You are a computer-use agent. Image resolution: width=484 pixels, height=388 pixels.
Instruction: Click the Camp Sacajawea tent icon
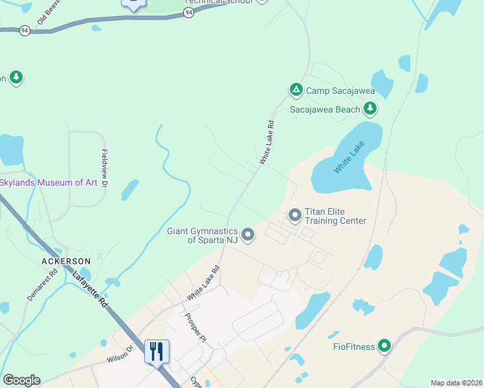296,90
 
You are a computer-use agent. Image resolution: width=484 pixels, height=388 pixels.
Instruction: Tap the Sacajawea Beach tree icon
371,109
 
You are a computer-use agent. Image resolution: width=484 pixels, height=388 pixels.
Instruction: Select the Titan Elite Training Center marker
295,214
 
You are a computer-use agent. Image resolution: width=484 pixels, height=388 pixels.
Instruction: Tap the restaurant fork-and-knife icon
157,351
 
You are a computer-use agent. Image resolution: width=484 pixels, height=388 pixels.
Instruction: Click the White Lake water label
349,157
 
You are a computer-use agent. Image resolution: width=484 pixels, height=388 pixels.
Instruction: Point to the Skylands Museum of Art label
49,182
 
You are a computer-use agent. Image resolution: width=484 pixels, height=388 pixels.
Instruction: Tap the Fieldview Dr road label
104,169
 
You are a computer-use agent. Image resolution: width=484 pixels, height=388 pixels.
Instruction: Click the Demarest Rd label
43,285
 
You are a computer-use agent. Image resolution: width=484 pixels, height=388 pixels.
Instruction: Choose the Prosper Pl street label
195,329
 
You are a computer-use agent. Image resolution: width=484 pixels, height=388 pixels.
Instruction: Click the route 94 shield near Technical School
188,12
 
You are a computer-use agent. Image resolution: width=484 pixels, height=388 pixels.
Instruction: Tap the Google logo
21,380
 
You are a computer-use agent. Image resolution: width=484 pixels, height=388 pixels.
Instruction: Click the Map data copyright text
456,383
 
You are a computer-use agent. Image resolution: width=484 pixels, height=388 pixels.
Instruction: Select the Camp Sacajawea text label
340,91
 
